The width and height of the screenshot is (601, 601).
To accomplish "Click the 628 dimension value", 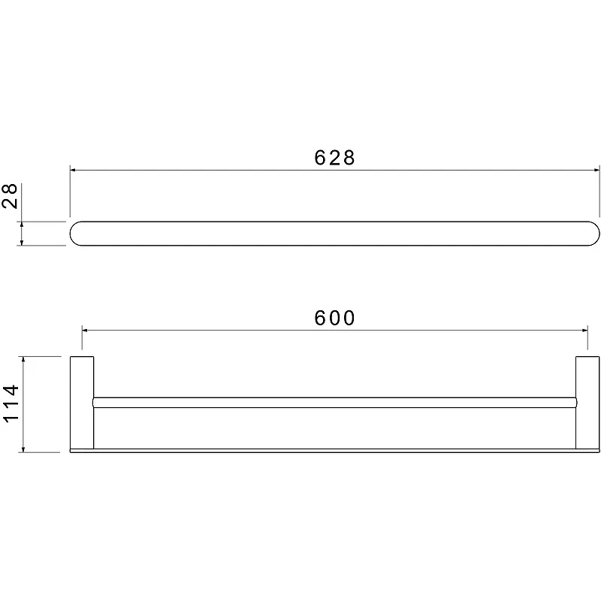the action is pos(334,158).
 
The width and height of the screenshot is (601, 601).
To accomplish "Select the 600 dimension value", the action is pos(334,318).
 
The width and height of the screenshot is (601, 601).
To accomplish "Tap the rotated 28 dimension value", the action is pos(10,196).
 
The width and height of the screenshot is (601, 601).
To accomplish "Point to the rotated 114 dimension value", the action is pos(11,403).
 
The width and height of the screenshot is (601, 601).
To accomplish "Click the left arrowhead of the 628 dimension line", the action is pos(73,170).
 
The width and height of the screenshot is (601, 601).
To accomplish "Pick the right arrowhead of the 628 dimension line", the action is pos(596,170).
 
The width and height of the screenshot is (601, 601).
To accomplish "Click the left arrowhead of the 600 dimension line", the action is pos(85,330).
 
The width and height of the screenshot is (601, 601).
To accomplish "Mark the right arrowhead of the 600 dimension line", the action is pos(584,330).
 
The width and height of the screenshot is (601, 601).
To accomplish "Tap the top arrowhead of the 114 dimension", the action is pos(23,360).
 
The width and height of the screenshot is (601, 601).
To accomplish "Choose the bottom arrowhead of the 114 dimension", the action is pos(23,449).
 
